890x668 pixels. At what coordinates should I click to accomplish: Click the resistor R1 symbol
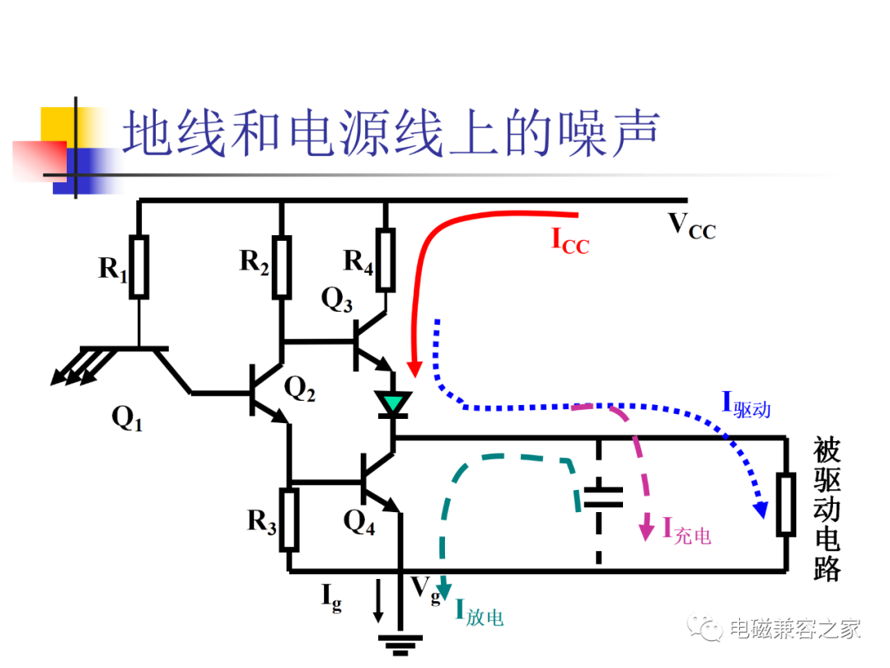[139, 266]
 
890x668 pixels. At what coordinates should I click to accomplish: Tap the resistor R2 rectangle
[282, 266]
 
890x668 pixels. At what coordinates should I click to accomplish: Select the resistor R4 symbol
[386, 260]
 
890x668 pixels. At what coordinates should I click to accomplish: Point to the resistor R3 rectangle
[289, 520]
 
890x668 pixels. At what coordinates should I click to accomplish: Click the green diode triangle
[393, 402]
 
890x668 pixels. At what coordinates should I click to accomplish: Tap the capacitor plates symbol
[603, 496]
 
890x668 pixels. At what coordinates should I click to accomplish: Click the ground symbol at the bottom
[400, 645]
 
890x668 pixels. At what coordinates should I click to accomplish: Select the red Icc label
[570, 241]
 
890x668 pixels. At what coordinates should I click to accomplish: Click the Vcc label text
[692, 226]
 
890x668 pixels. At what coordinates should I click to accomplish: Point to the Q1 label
[127, 419]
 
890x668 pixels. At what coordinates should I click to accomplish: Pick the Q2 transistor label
[300, 389]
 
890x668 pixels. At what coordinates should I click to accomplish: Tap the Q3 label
[336, 299]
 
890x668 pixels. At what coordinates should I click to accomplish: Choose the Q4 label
[359, 521]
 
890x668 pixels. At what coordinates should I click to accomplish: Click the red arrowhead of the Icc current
[415, 369]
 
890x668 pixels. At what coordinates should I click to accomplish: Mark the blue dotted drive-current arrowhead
[761, 510]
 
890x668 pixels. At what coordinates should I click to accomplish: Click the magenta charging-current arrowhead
[646, 529]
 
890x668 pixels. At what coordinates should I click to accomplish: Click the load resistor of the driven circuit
[785, 504]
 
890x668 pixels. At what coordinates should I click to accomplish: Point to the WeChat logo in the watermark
[705, 627]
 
